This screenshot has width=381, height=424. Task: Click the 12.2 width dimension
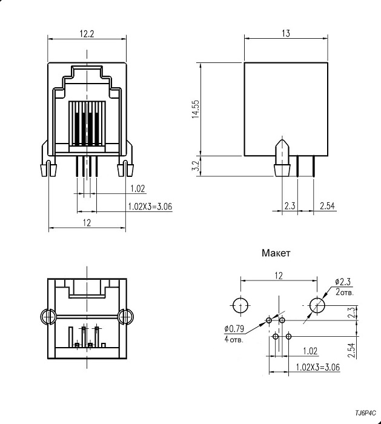pyautogui.click(x=87, y=34)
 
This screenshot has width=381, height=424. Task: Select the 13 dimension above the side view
pyautogui.click(x=285, y=34)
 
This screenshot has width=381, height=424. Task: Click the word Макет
pyautogui.click(x=276, y=253)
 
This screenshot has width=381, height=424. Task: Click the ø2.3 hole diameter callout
pyautogui.click(x=343, y=281)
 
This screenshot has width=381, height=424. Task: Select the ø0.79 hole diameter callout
pyautogui.click(x=233, y=329)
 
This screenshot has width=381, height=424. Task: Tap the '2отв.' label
pyautogui.click(x=345, y=291)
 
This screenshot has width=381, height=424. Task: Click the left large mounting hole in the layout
pyautogui.click(x=241, y=305)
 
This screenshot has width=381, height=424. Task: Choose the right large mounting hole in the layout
pyautogui.click(x=316, y=305)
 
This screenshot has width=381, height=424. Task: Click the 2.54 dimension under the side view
pyautogui.click(x=327, y=207)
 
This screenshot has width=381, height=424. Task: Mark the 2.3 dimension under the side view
pyautogui.click(x=290, y=207)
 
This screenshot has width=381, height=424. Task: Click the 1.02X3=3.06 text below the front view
pyautogui.click(x=150, y=206)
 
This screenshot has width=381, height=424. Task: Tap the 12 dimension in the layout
pyautogui.click(x=279, y=276)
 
